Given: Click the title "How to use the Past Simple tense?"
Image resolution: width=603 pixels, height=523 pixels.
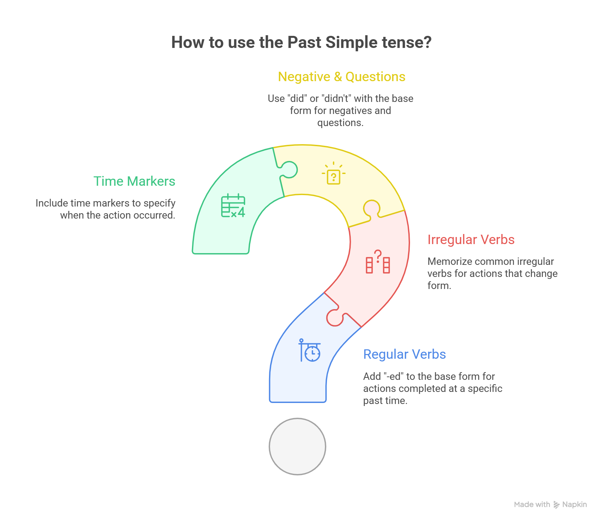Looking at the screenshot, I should coord(301,43).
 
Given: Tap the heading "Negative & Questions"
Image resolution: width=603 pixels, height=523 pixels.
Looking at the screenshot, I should coord(341,77).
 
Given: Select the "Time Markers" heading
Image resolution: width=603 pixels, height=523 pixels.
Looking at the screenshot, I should coord(134,181).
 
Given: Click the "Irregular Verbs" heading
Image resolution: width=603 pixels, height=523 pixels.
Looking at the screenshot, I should coord(471,240).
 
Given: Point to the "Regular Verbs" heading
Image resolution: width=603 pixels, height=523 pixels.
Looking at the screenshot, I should coord(404,354).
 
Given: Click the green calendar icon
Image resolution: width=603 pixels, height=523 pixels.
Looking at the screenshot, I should coord(233,206).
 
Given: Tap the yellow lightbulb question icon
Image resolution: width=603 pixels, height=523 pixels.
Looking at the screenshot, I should coord(333,174).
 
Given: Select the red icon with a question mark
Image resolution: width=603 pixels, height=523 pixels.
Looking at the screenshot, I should coord(378,262).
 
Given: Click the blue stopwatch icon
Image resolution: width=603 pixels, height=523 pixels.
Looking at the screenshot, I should coord(310,350).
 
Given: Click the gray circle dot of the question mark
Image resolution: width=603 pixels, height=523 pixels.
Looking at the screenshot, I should coord(297,447).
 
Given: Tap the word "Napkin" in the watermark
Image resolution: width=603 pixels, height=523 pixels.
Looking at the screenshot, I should coord(575,505).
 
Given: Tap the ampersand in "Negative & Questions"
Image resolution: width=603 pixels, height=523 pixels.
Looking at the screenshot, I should coord(338,77).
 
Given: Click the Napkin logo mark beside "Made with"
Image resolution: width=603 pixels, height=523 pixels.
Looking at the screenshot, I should coord(556,505).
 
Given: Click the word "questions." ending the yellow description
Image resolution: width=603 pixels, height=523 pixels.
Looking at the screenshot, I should coord(340,123).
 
